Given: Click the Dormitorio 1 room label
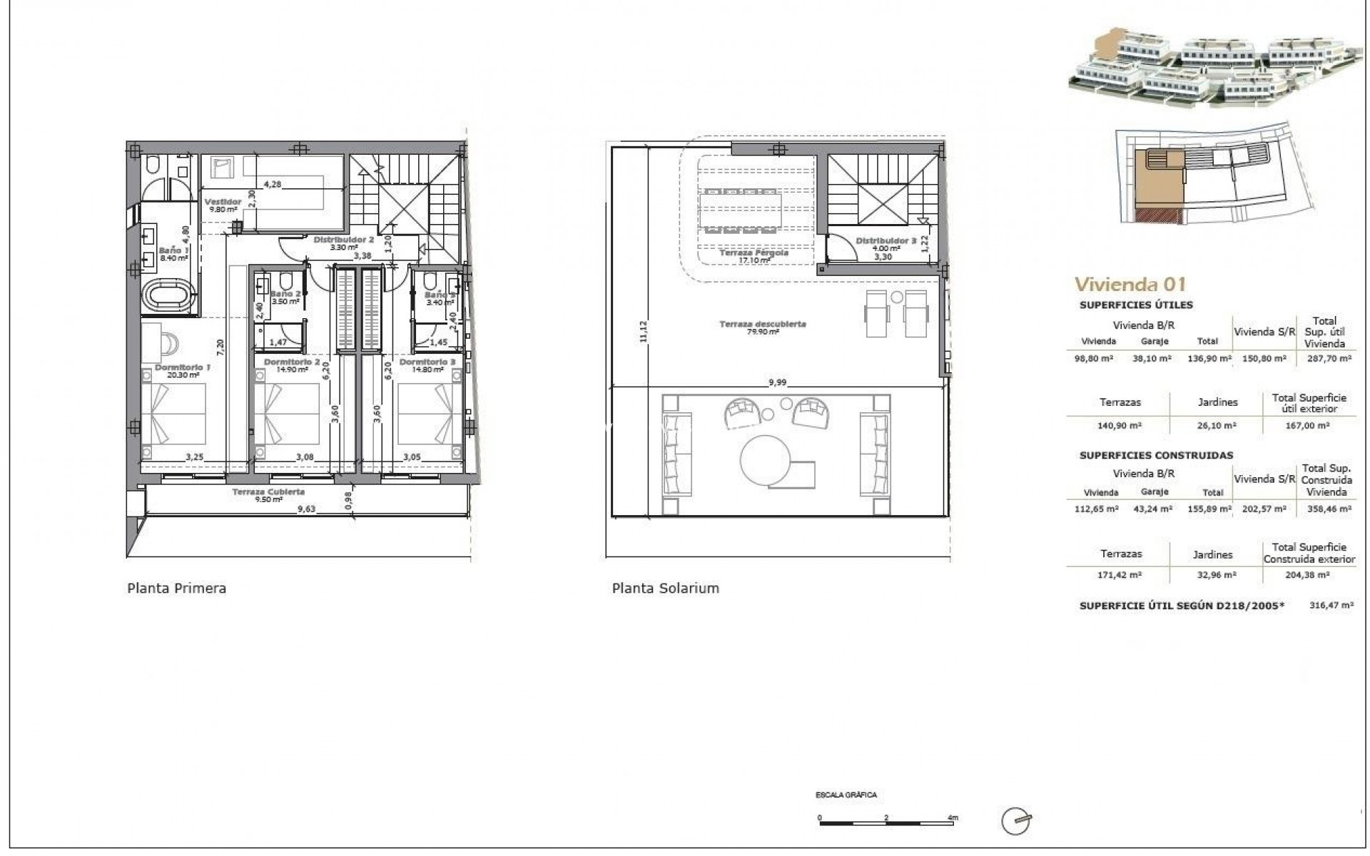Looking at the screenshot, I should pos(183,368).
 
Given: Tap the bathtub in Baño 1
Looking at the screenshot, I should pos(168,295).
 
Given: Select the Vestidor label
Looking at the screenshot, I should pos(223,203).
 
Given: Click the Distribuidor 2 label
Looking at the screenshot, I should pos(344,240).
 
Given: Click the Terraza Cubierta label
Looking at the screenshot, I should pos(268,491).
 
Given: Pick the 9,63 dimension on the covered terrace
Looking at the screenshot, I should pos(306,509).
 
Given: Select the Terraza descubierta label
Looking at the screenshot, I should pos(763,324).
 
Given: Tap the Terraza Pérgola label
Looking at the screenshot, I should pos(753,253).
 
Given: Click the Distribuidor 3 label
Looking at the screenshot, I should pos(886,241).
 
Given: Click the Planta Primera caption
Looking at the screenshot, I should pos(176,588).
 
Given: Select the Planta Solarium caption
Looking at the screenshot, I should pos(665,588).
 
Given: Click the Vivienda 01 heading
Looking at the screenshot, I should pos(1130,284).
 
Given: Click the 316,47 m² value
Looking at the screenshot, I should pos(1331,605).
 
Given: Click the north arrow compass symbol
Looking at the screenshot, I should pos(1015,821).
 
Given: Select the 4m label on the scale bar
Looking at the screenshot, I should pos(953,817).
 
